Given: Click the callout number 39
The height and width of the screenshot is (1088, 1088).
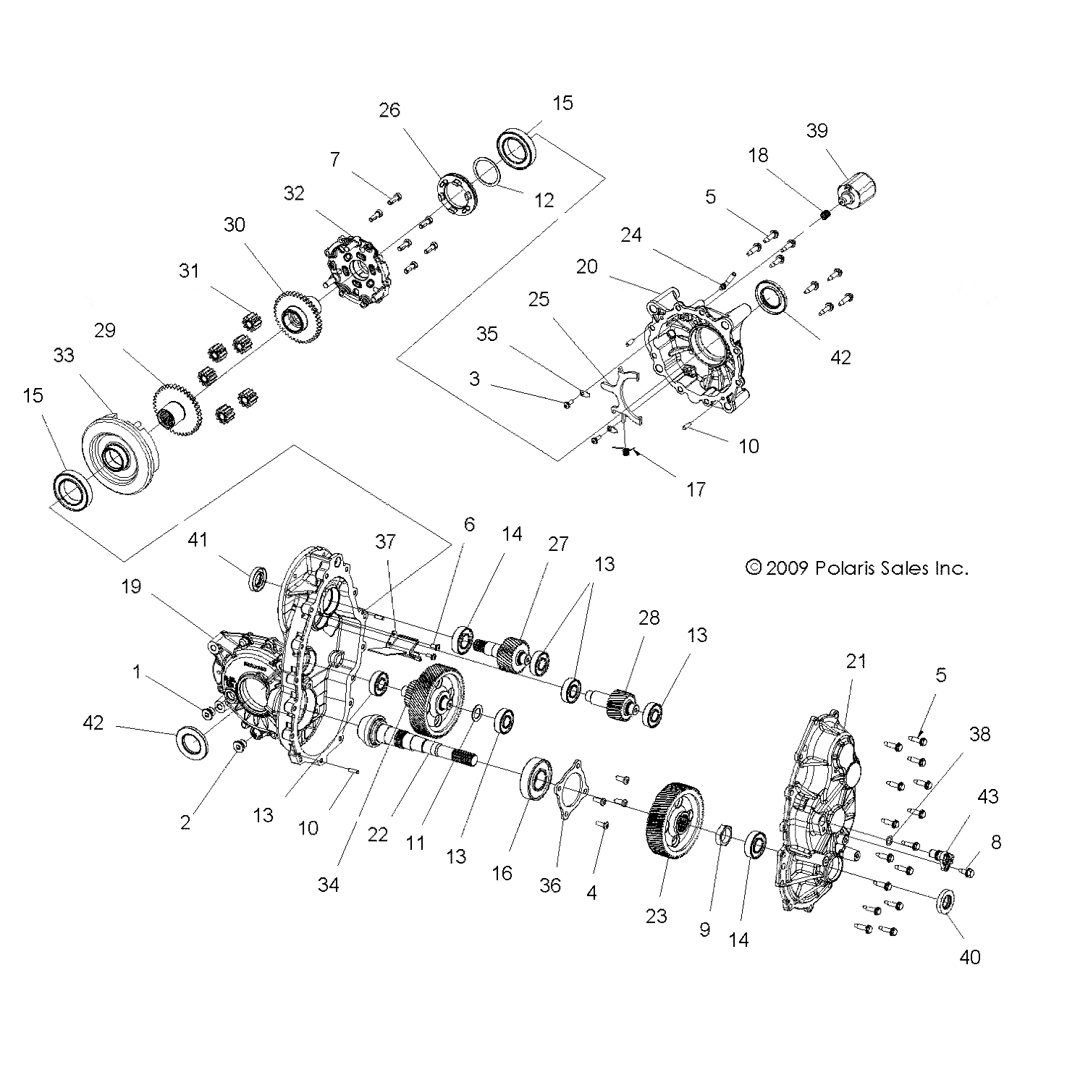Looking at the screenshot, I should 817,130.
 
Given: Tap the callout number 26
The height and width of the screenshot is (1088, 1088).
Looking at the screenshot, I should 389,110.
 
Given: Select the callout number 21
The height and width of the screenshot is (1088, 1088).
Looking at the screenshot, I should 856,661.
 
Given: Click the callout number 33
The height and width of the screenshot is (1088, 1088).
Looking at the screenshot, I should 64,355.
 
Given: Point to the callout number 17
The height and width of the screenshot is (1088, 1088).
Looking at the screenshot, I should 695,490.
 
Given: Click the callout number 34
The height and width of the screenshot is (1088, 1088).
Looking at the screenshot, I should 328,883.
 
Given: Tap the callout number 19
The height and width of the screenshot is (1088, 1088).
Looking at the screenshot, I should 131,587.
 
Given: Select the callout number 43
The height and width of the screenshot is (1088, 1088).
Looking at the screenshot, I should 987,796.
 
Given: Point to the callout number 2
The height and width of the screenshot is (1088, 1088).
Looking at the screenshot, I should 185,822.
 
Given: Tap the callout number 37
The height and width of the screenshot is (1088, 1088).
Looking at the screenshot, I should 385,541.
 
